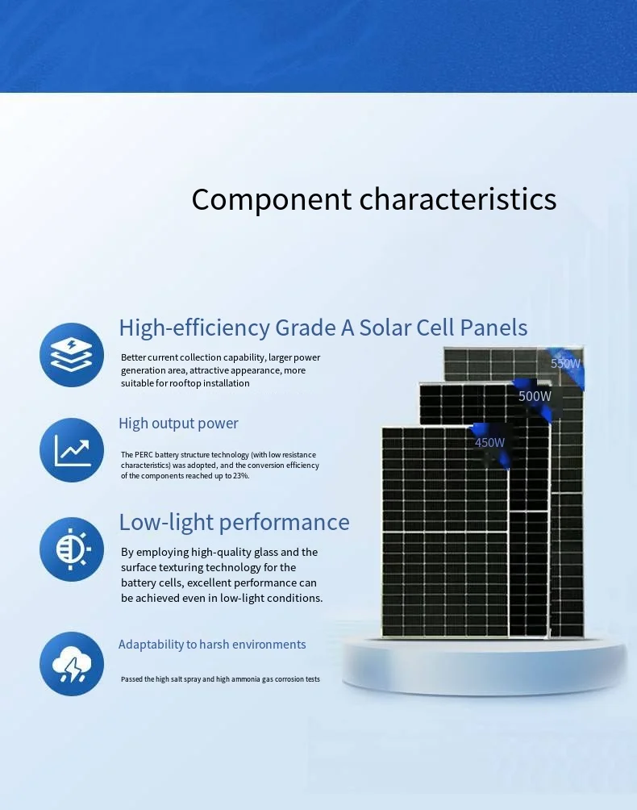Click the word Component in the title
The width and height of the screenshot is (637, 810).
click(x=272, y=200)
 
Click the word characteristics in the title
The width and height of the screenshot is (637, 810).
click(x=458, y=198)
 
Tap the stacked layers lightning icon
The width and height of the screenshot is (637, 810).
click(x=72, y=355)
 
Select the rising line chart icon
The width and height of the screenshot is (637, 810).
click(x=72, y=450)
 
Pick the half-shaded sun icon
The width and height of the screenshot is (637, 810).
click(x=72, y=549)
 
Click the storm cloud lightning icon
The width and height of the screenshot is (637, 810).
click(x=72, y=664)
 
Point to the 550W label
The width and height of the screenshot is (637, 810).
click(x=565, y=364)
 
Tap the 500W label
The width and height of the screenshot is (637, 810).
click(x=535, y=396)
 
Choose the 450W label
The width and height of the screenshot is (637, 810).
click(x=489, y=443)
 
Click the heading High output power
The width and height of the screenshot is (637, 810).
click(x=179, y=424)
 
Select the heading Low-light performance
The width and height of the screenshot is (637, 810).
click(x=235, y=522)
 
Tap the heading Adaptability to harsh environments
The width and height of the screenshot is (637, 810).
click(x=212, y=645)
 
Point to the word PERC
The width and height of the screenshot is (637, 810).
click(x=144, y=454)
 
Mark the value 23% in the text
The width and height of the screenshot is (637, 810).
click(x=241, y=476)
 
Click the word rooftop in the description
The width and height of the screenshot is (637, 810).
click(x=185, y=383)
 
